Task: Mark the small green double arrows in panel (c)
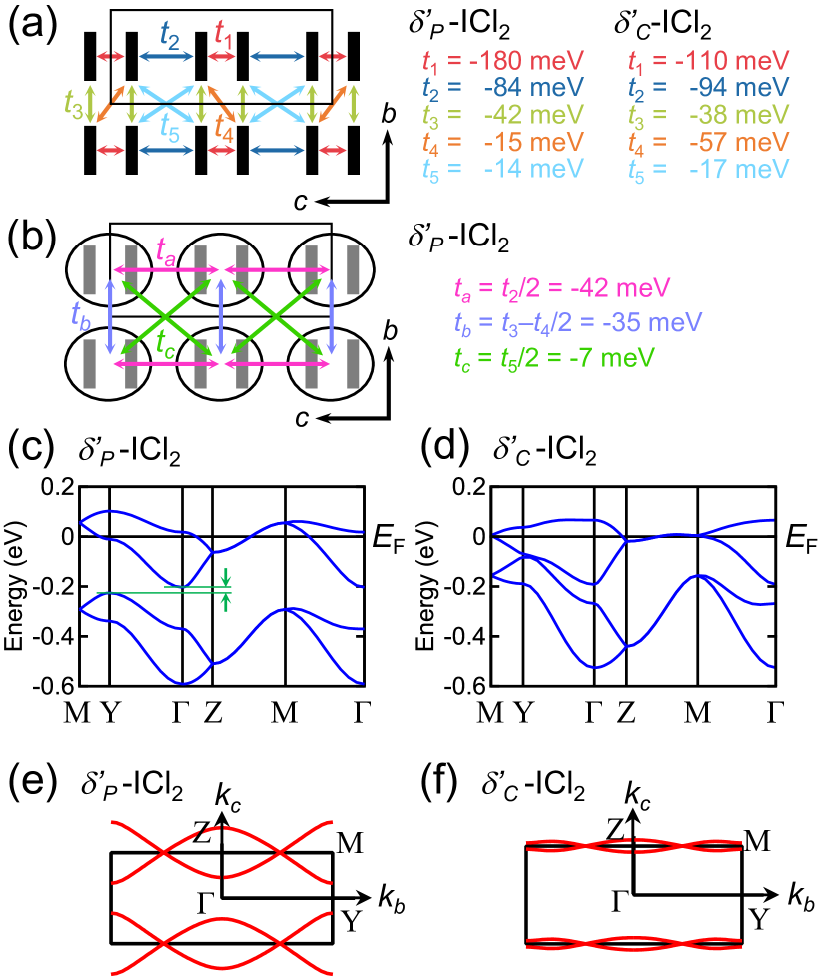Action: [x=227, y=588]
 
